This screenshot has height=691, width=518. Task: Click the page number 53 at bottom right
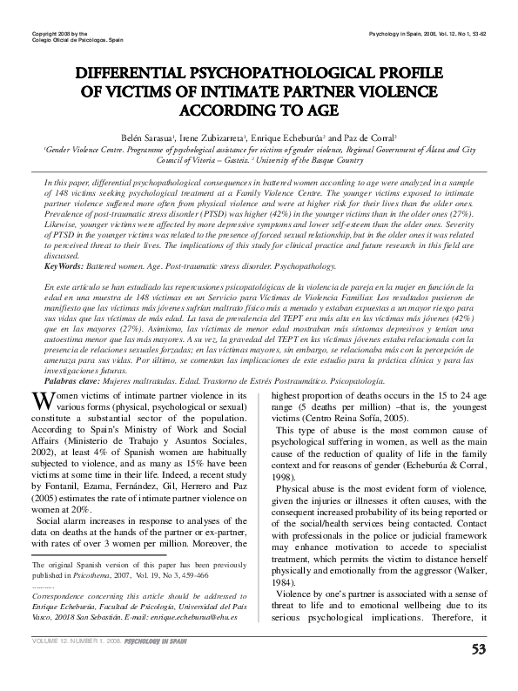(478, 673)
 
